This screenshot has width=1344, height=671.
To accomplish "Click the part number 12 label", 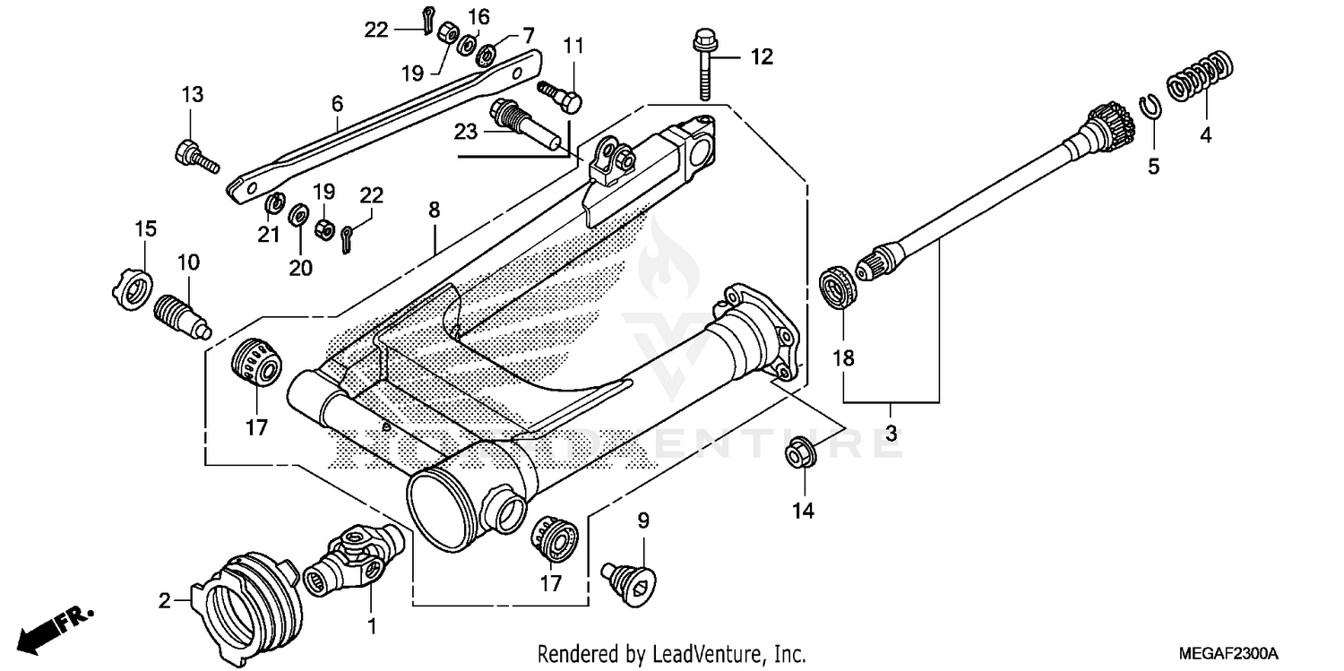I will (761, 58).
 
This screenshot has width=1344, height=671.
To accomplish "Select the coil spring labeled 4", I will (1202, 78).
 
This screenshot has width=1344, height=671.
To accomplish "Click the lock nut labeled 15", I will (131, 288).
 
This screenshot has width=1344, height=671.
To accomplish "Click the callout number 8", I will (434, 211).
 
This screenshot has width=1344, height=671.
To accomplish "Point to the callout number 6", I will (337, 104).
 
